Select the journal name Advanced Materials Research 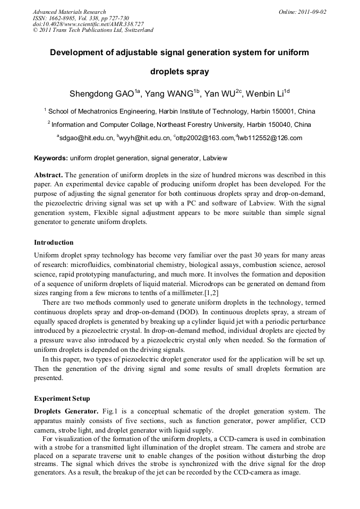point(69,12)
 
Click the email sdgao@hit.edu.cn point(87,138)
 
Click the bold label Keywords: point(51,158)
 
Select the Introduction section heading point(54,243)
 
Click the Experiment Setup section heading point(62,399)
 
